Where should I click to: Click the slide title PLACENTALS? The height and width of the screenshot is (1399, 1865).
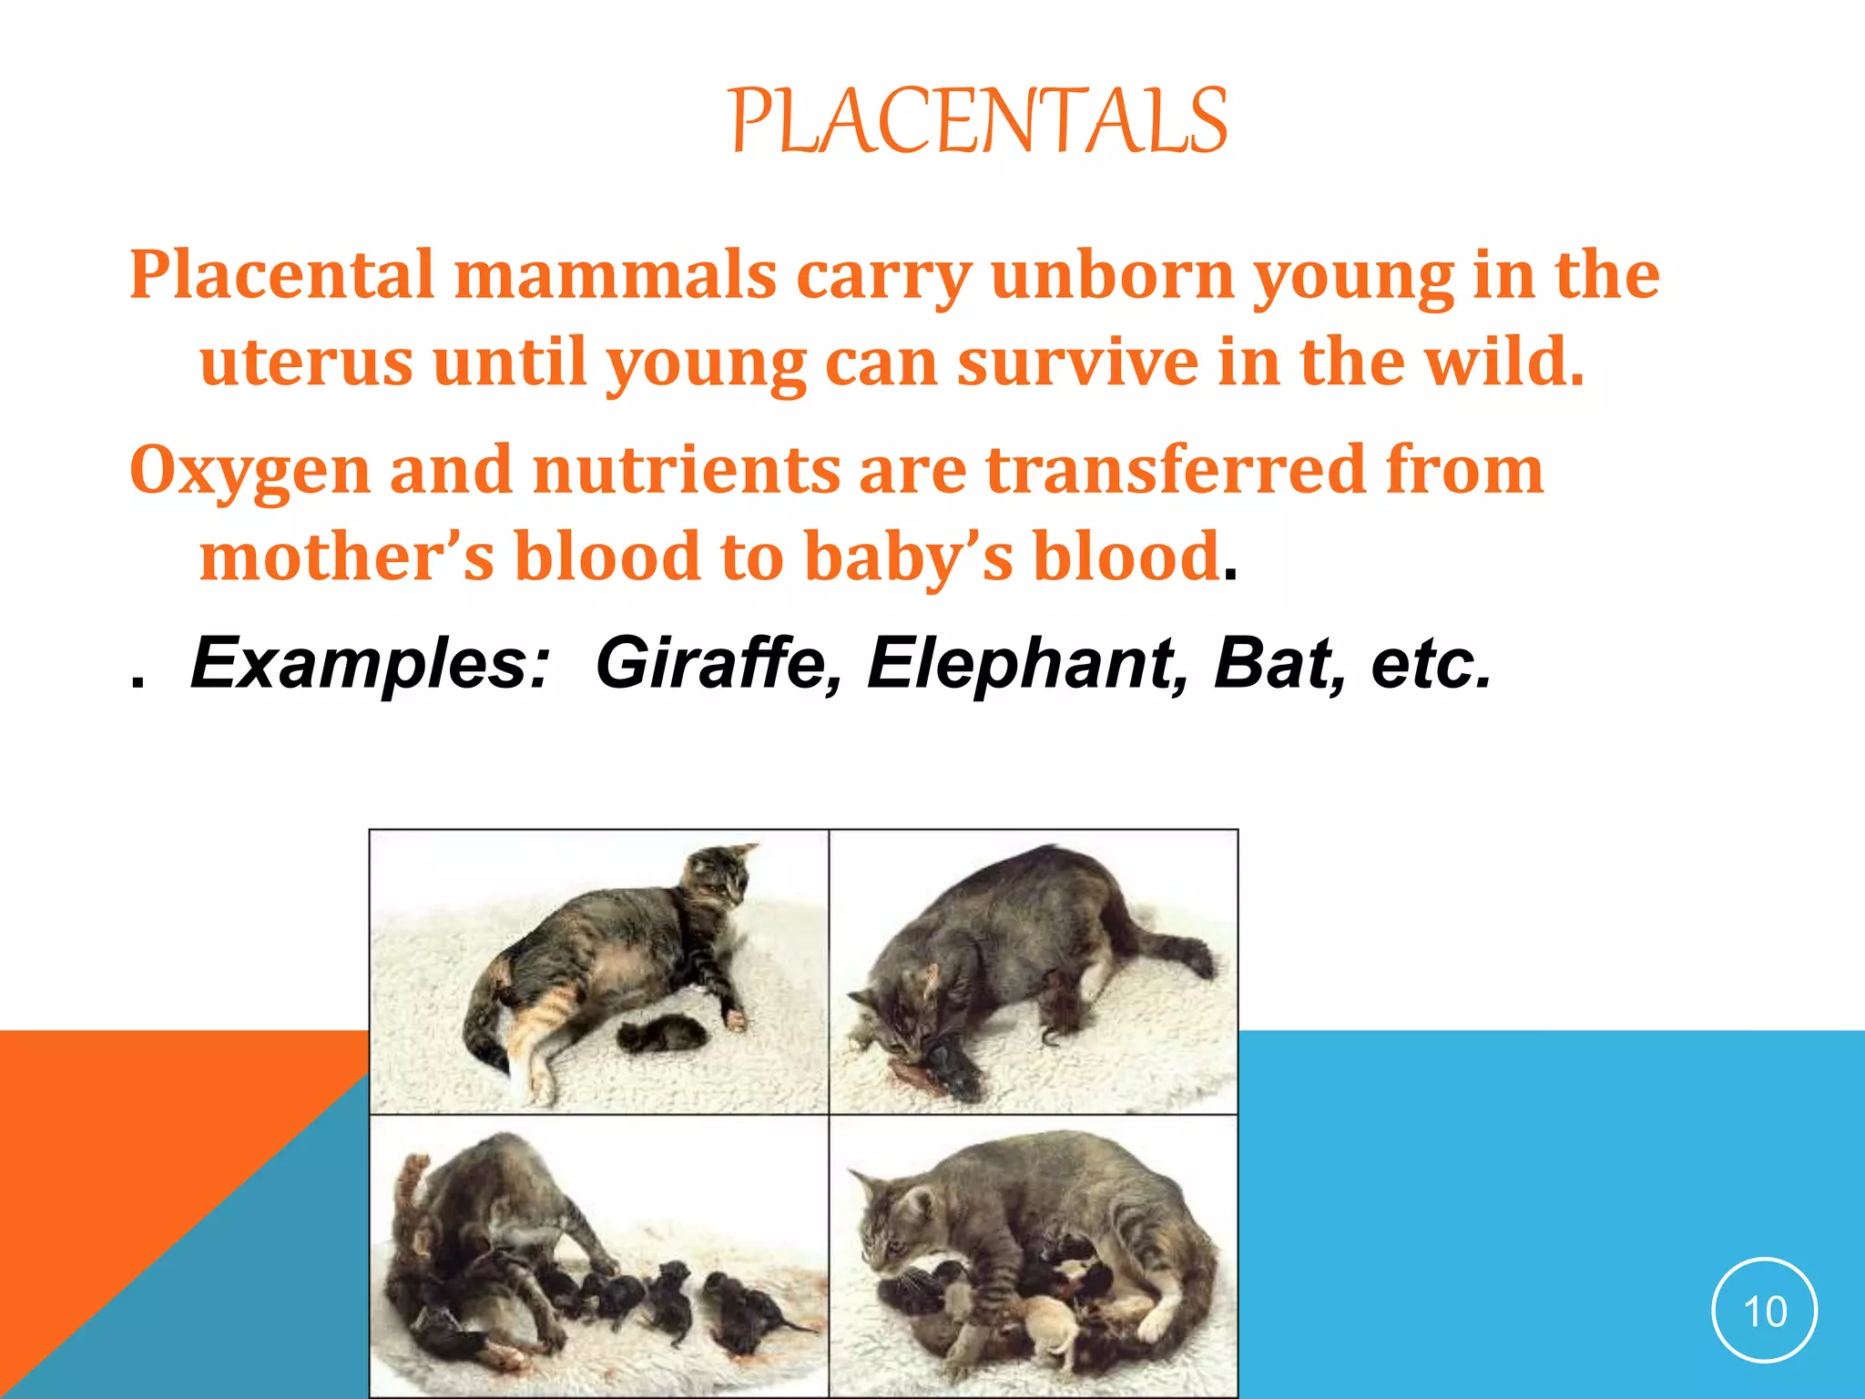(x=979, y=121)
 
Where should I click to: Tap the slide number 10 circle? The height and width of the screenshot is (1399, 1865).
(x=1764, y=1312)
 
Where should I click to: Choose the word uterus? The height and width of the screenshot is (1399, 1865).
(x=306, y=362)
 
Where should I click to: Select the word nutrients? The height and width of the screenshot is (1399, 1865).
(x=687, y=470)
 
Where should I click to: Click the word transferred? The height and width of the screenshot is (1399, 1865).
(x=1175, y=470)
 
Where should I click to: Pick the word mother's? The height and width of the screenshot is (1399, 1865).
(x=347, y=557)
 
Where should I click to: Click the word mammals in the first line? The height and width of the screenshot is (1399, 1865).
(x=616, y=274)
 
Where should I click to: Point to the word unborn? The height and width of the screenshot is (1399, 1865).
(x=1112, y=274)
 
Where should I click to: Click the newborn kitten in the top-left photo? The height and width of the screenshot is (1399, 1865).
(x=662, y=1033)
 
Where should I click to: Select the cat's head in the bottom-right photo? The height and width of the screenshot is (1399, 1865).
(x=897, y=1220)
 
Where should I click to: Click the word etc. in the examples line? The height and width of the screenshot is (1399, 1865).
(x=1431, y=663)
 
